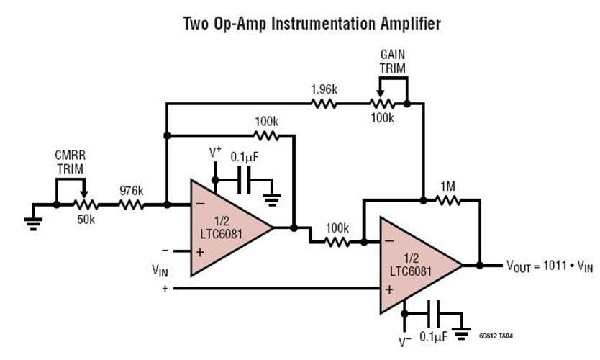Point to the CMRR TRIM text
69,162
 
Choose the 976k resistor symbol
132,204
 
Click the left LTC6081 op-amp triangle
227,228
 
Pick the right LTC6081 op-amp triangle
415,264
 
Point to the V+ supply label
215,153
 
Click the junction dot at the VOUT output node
479,265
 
